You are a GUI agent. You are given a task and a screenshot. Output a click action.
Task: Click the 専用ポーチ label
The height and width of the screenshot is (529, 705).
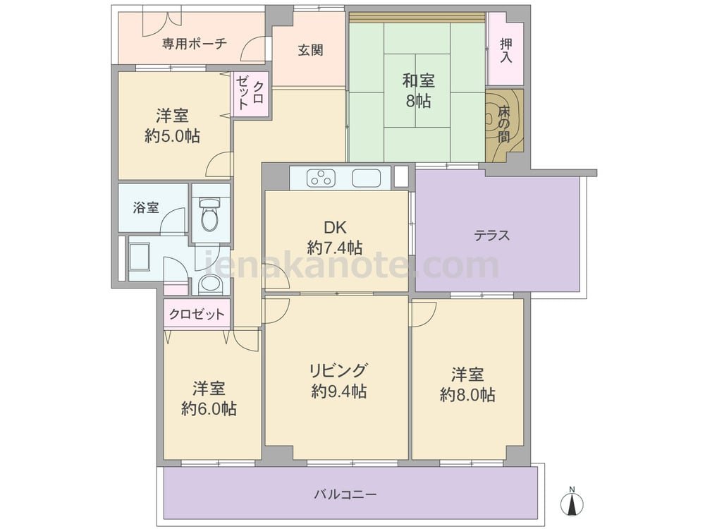pos(195,44)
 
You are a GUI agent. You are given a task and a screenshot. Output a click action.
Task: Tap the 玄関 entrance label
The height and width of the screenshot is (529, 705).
pos(310,50)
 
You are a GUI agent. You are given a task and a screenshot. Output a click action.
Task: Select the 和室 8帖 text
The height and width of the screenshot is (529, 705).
pos(418,91)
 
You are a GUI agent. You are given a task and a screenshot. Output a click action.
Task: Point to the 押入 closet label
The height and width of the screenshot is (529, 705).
pos(505,50)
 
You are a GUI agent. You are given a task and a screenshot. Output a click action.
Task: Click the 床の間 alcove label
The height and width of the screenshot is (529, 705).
pos(503,123)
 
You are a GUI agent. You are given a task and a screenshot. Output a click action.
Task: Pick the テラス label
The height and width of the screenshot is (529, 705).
pos(492,236)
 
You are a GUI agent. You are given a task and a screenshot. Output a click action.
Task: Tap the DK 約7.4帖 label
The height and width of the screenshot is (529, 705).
pos(336,238)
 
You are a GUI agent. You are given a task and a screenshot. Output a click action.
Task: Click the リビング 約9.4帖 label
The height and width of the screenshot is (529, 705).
pos(338,381)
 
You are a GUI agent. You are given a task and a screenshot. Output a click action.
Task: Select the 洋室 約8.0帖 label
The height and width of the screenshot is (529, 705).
pos(467,384)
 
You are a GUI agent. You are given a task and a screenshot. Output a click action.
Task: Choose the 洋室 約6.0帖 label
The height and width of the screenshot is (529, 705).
pos(209,399)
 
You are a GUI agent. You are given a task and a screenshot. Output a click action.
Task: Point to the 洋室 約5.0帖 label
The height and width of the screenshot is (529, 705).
pos(172,126)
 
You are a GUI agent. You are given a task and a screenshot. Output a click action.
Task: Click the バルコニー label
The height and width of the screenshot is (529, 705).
pos(345,495)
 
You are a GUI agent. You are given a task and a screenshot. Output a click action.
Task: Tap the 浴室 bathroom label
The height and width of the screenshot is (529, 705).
pos(146,208)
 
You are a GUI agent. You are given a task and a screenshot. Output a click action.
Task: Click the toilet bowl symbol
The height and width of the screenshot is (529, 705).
pos(209,215)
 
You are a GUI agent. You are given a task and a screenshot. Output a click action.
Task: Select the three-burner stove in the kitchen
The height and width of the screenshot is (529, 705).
pos(321,178)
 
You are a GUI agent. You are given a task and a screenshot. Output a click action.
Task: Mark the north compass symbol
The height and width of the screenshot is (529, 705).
pos(572,503)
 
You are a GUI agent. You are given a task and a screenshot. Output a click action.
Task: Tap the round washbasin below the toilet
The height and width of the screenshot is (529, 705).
pos(209,284)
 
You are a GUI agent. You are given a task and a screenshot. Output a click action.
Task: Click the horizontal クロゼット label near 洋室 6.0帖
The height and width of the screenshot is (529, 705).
pos(197,314)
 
